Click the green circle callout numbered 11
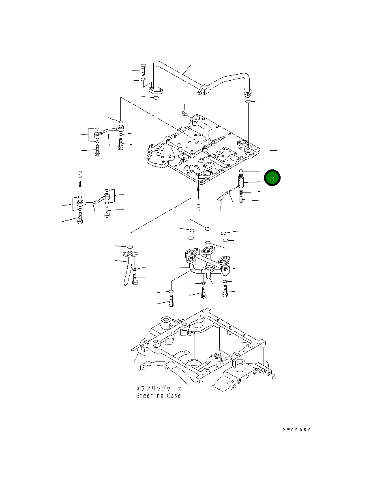point(272,178)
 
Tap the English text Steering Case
point(159,396)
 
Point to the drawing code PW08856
point(296,430)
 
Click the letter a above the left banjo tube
point(80,174)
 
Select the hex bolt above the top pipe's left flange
point(143,69)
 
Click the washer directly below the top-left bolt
point(144,80)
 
